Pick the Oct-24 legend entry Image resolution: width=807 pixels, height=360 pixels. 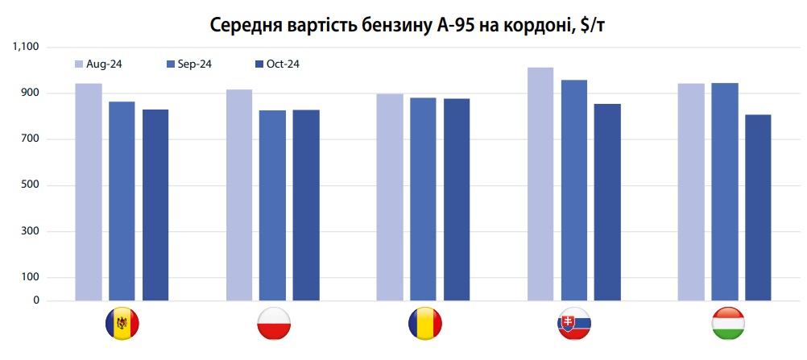point(277,64)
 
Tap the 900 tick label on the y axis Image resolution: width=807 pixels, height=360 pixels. point(31,93)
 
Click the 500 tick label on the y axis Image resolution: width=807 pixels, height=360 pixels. point(31,186)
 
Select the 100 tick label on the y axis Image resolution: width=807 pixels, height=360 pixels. point(31,278)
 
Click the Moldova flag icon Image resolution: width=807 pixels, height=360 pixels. point(122,324)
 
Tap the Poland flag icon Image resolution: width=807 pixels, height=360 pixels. point(273,324)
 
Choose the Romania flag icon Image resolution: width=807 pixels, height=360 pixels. point(424,324)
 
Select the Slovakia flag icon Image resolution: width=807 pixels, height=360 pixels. point(574,324)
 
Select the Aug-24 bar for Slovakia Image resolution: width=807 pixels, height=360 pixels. point(540,184)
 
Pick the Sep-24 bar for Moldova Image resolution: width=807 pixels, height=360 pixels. point(122,201)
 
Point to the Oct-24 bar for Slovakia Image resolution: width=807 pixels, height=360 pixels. point(608,202)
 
